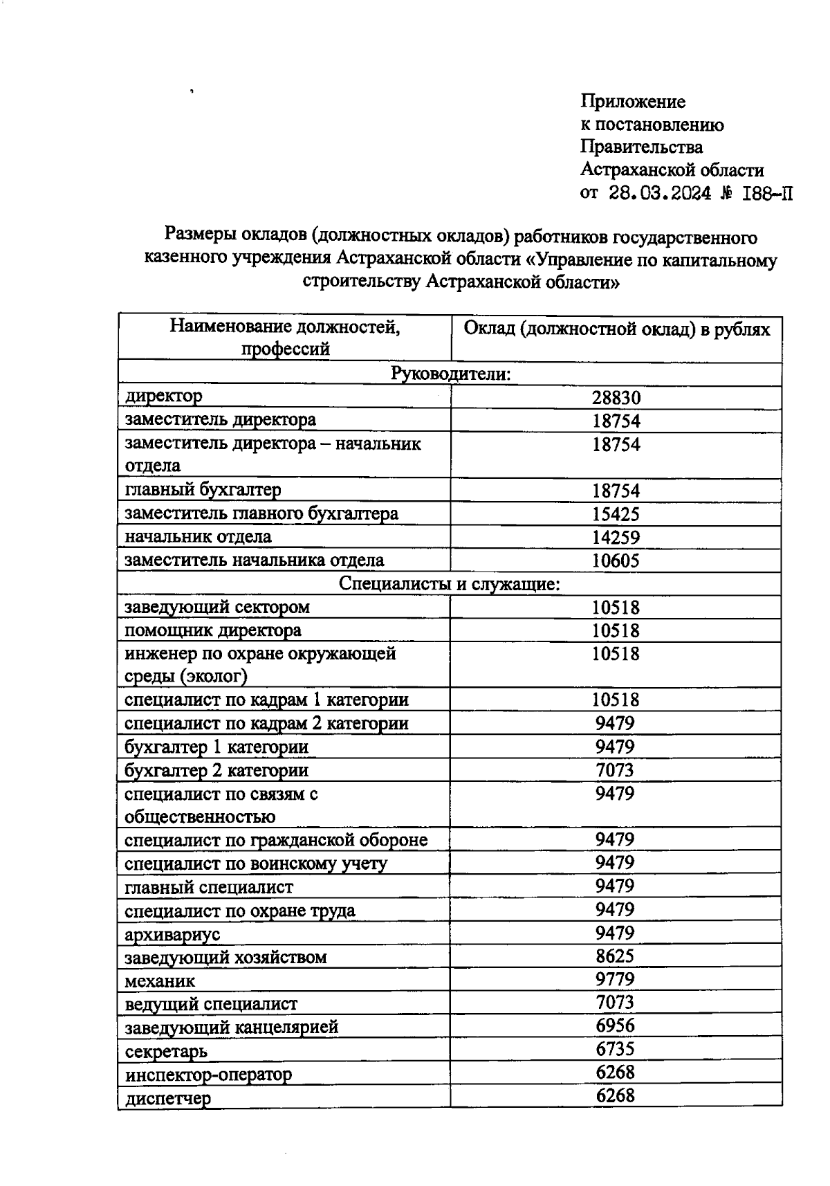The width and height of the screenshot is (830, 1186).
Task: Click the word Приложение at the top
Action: click(633, 102)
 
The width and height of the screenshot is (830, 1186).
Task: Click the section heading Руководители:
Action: click(450, 374)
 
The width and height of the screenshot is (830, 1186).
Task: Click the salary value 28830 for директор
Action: click(616, 397)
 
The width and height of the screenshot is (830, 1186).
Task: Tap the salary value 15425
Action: click(616, 513)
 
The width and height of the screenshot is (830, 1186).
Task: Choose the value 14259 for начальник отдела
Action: click(616, 537)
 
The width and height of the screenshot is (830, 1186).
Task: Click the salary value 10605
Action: click(616, 560)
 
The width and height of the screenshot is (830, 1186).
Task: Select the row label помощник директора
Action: click(212, 630)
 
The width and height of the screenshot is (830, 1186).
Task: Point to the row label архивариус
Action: click(172, 934)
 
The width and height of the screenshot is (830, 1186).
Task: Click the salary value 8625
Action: click(615, 956)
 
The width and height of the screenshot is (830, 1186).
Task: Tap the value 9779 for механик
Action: click(615, 979)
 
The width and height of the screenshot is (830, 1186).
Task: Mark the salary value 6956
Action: click(615, 1025)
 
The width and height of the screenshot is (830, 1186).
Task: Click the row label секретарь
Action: click(166, 1051)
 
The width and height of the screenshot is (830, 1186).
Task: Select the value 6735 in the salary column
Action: click(615, 1049)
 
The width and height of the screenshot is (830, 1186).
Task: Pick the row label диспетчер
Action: click(168, 1098)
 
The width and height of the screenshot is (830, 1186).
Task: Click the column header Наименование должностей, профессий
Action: click(284, 337)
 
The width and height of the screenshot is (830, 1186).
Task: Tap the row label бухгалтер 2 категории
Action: click(216, 770)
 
